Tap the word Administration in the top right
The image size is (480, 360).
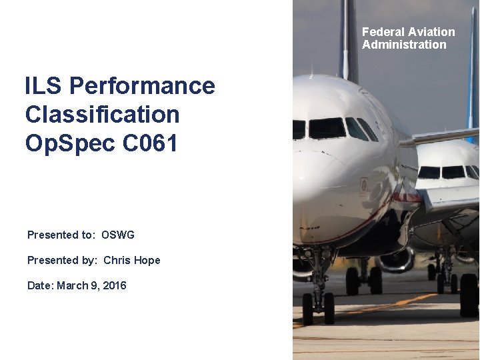(x=404, y=45)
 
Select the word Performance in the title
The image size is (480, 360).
(x=142, y=86)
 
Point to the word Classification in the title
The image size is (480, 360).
(x=102, y=115)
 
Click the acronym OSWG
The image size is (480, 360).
(x=118, y=235)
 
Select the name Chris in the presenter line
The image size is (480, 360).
(x=117, y=260)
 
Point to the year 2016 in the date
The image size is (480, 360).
(x=114, y=285)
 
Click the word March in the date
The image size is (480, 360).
(x=71, y=285)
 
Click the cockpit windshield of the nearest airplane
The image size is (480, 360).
(x=327, y=129)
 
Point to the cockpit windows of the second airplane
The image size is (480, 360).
(x=443, y=172)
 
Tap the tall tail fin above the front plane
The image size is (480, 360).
(x=348, y=40)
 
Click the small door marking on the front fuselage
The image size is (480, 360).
(x=364, y=186)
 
